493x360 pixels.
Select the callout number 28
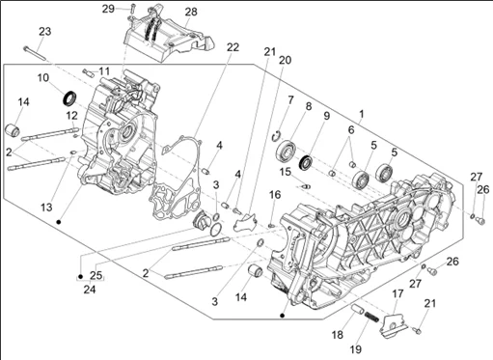click(190, 12)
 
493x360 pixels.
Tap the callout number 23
click(44, 32)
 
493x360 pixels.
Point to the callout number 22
click(233, 47)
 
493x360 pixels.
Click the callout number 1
click(362, 114)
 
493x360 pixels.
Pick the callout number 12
click(44, 115)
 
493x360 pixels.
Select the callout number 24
click(89, 289)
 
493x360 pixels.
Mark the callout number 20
click(285, 60)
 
